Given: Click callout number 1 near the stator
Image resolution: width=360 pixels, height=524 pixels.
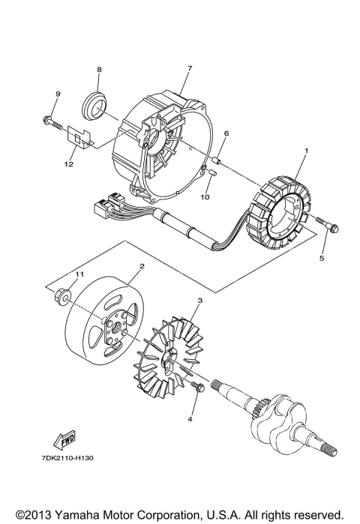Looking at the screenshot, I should pos(306,150).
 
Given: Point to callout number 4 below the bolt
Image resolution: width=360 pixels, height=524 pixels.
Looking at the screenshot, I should pos(190,419).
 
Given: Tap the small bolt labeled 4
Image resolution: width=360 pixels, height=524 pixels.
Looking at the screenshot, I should pos(198,388).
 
